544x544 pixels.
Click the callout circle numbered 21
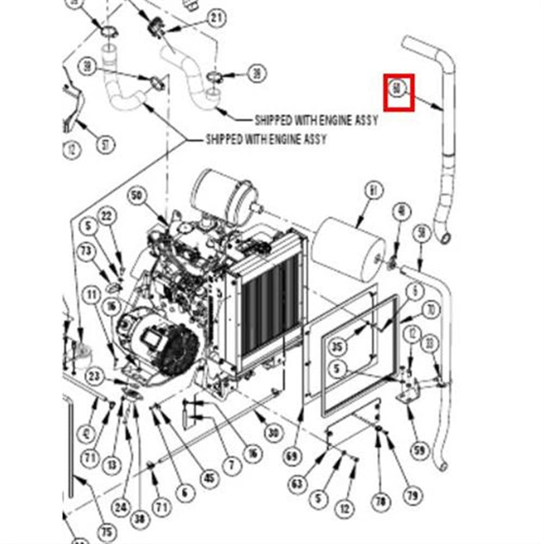[216, 18]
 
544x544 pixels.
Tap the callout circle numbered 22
[107, 216]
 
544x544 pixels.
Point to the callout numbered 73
[86, 251]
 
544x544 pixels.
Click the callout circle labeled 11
[91, 296]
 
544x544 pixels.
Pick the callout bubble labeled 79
[412, 496]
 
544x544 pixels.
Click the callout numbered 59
[419, 450]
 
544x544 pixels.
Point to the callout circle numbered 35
[338, 347]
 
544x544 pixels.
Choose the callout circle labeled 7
[232, 466]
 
